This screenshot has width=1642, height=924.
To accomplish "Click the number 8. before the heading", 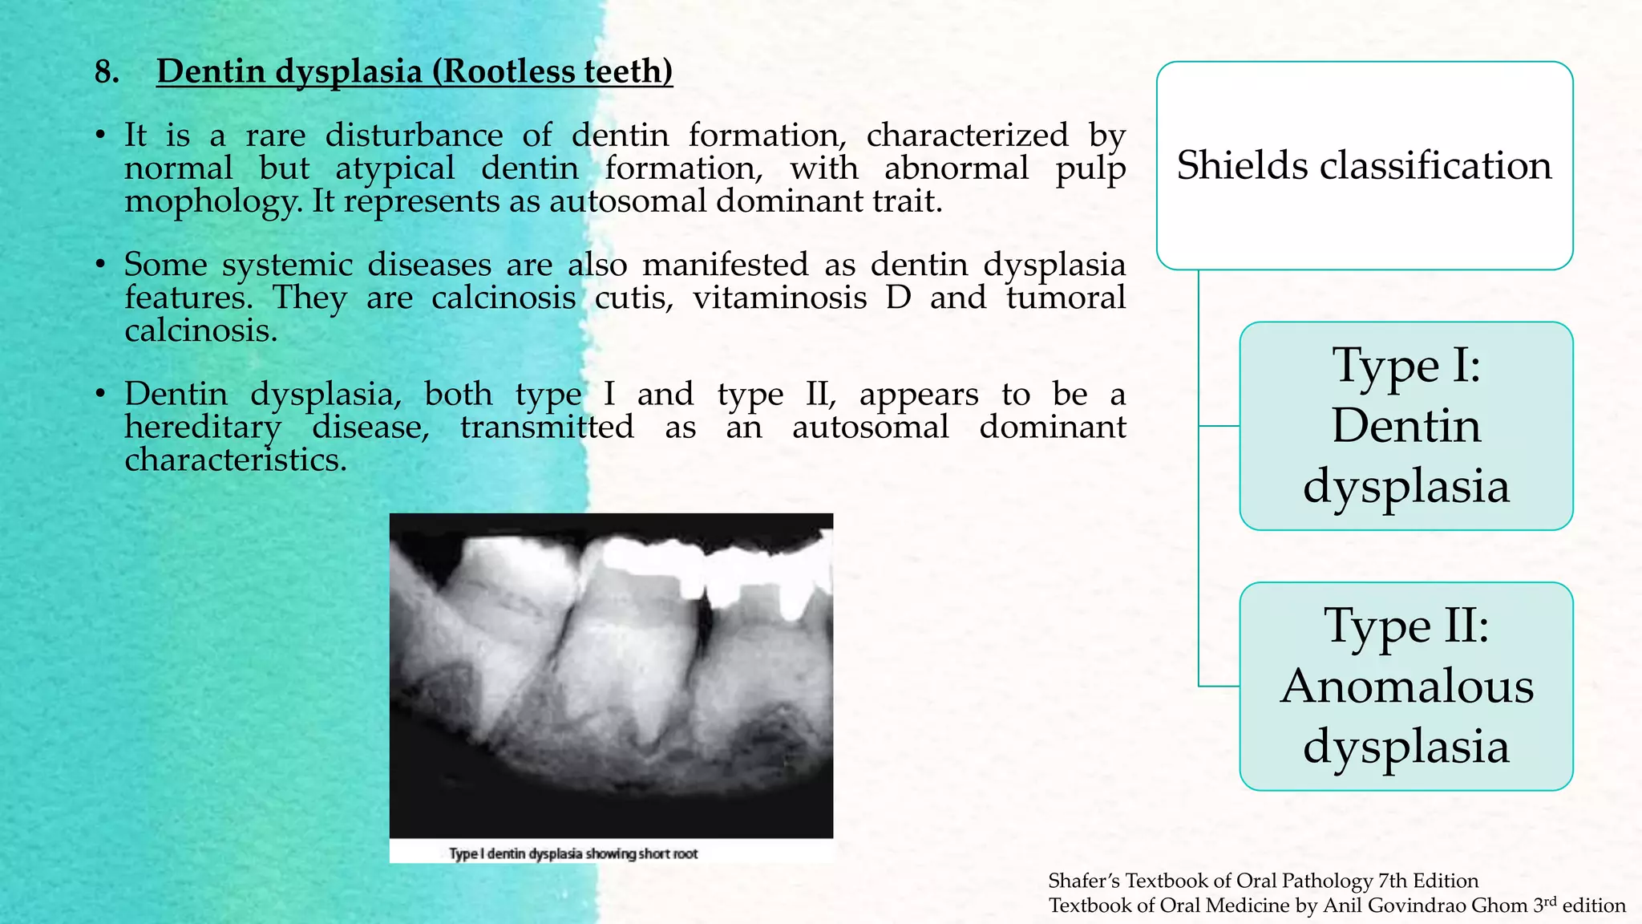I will (x=107, y=72).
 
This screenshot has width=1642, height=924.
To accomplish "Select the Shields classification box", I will (x=1364, y=165).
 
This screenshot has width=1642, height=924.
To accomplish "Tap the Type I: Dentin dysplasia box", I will (x=1405, y=426).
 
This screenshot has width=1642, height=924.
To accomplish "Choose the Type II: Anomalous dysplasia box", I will (x=1405, y=687).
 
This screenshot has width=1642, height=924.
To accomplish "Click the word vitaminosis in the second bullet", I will (x=779, y=298).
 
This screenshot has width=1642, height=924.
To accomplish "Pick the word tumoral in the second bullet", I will (x=1066, y=298).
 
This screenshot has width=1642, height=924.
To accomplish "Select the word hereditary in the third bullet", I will (x=203, y=428).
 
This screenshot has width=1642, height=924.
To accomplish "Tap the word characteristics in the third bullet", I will (x=235, y=460).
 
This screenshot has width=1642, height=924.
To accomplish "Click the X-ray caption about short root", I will (x=573, y=853).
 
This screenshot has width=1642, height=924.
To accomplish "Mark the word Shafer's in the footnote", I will (x=1083, y=881).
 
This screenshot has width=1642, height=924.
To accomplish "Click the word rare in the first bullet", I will (x=276, y=136).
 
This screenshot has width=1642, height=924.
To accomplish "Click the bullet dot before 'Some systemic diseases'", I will (x=100, y=265).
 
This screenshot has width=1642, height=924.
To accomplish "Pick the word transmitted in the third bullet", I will (x=547, y=428).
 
